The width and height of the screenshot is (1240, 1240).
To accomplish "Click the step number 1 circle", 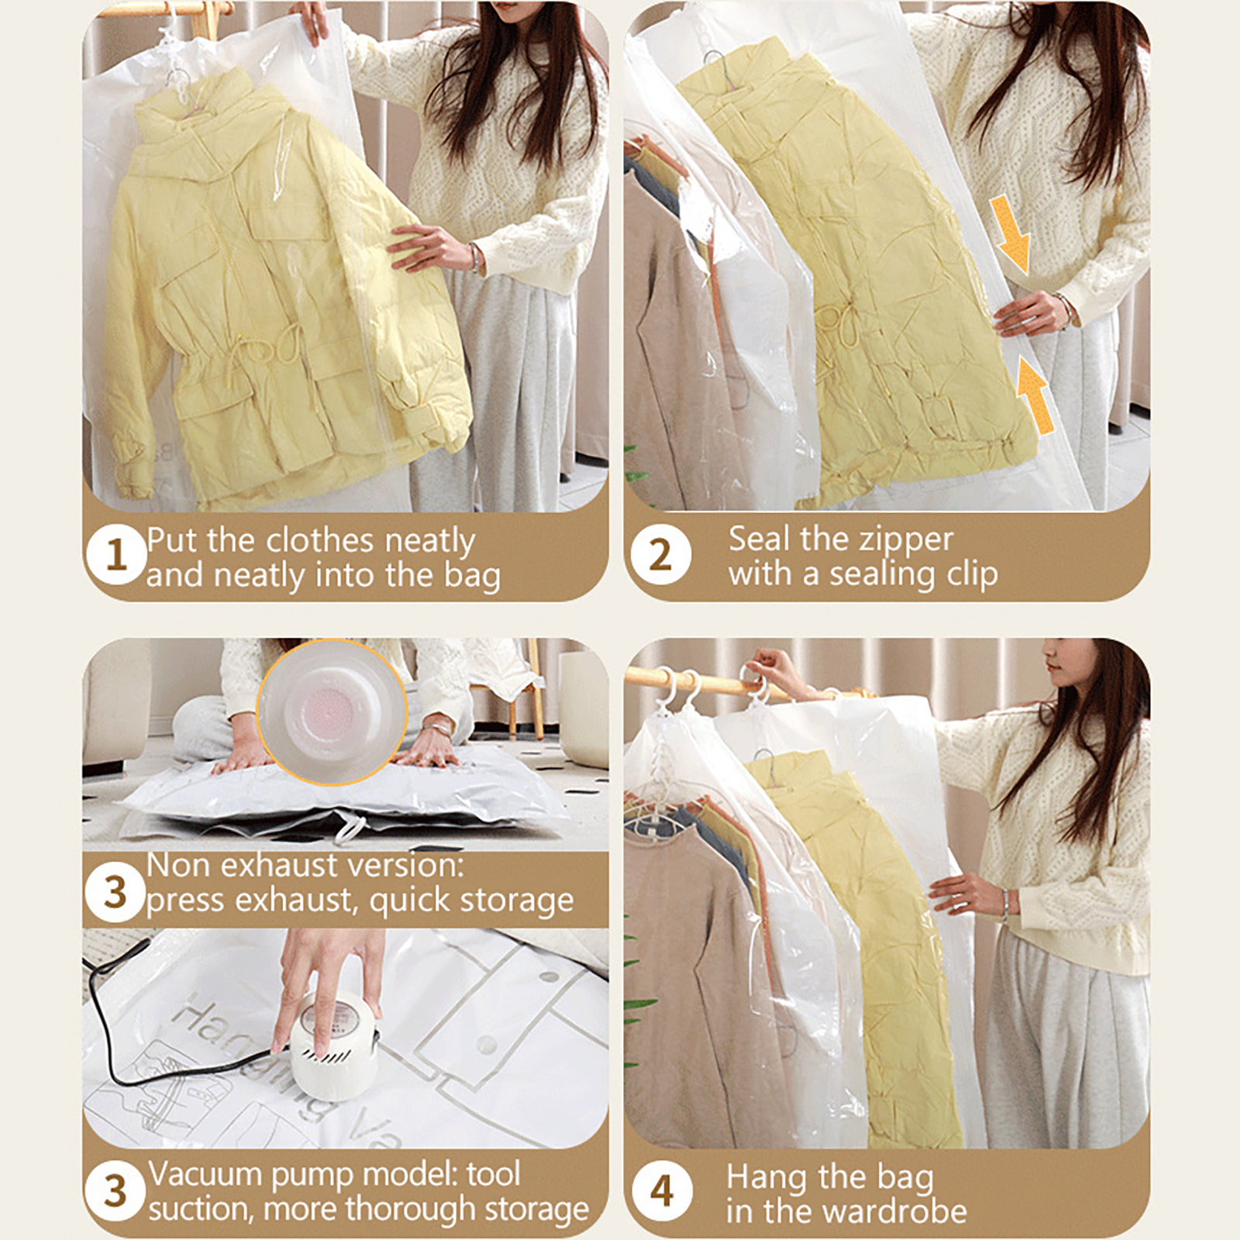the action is coord(115,555).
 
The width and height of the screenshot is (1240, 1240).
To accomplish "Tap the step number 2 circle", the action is coord(660,555).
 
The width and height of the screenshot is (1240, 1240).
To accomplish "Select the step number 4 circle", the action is coord(661,1190).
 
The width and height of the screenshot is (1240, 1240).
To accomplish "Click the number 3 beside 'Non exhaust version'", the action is coord(115,891).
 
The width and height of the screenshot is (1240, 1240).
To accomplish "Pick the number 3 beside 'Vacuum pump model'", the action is coord(115,1190).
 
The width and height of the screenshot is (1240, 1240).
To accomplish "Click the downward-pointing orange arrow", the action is coord(1011,235).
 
